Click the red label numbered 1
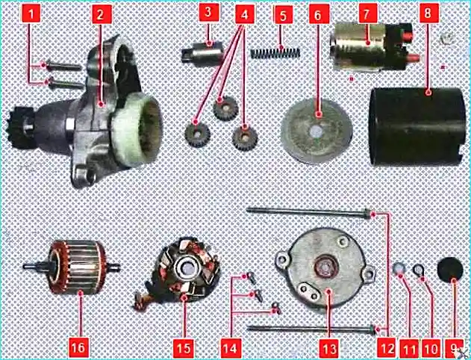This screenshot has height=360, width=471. (31, 13)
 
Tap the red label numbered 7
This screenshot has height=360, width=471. (368, 13)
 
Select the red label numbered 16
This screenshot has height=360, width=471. (78, 348)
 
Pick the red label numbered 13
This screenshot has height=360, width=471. (329, 348)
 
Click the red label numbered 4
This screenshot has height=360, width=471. (245, 14)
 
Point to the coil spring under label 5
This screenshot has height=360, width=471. (275, 54)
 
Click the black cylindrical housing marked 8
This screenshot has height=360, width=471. (417, 126)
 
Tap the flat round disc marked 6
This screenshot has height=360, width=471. (316, 131)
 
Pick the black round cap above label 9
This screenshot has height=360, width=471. (449, 270)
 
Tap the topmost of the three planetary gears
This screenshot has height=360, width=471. (226, 108)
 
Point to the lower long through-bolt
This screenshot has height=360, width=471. (311, 329)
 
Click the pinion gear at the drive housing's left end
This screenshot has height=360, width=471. (19, 128)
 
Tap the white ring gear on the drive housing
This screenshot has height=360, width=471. (137, 129)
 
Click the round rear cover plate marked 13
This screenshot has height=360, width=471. (325, 267)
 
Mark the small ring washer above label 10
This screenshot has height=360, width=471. (418, 270)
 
